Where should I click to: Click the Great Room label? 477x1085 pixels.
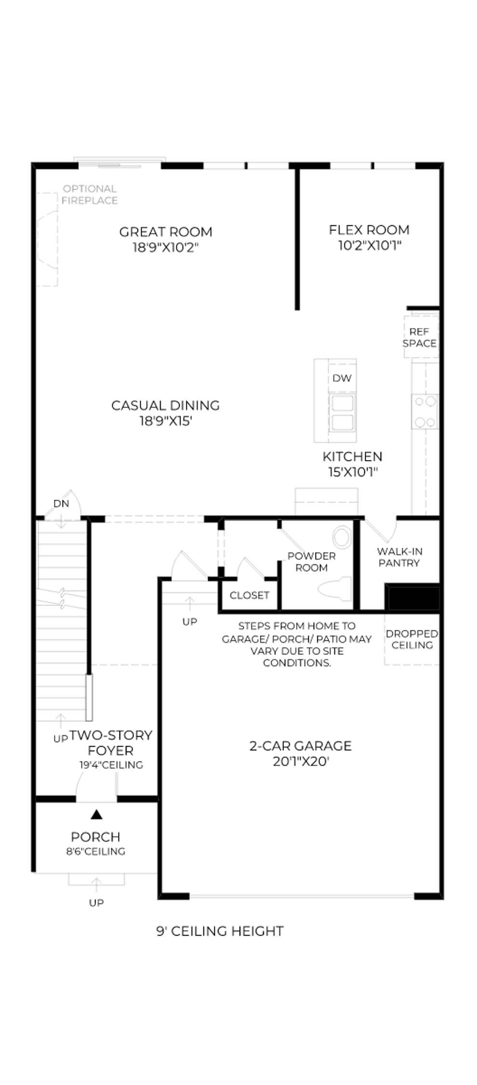pyautogui.click(x=166, y=232)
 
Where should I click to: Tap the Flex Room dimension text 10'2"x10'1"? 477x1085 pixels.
pyautogui.click(x=370, y=245)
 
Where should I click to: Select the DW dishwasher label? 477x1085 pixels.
pyautogui.click(x=342, y=378)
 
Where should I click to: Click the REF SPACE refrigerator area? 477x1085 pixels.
pyautogui.click(x=421, y=337)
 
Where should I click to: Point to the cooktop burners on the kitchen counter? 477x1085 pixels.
pyautogui.click(x=425, y=411)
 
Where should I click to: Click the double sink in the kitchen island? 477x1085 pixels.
pyautogui.click(x=342, y=412)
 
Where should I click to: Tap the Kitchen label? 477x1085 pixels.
pyautogui.click(x=352, y=456)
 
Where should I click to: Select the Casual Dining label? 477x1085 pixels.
pyautogui.click(x=166, y=406)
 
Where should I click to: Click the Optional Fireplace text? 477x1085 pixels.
pyautogui.click(x=90, y=194)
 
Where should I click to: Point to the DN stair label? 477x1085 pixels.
pyautogui.click(x=61, y=503)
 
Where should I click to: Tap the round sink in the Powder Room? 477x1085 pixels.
pyautogui.click(x=343, y=537)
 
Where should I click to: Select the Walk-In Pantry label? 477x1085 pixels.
pyautogui.click(x=399, y=557)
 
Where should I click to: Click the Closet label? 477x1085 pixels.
pyautogui.click(x=249, y=595)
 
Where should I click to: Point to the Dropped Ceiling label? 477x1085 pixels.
pyautogui.click(x=412, y=639)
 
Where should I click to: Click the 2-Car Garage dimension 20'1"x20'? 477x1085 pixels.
pyautogui.click(x=301, y=761)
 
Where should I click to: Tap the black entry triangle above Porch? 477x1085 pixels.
pyautogui.click(x=97, y=814)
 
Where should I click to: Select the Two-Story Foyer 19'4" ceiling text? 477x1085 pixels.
pyautogui.click(x=111, y=765)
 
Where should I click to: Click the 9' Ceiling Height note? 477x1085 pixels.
pyautogui.click(x=220, y=931)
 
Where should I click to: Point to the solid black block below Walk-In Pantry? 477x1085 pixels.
pyautogui.click(x=412, y=597)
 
